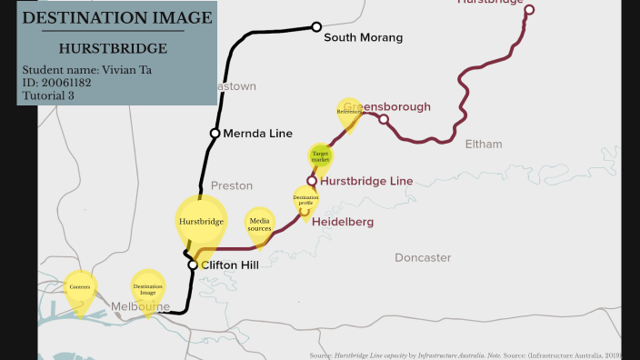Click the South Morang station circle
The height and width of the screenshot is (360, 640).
click(x=316, y=27)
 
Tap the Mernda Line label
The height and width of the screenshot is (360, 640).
click(x=257, y=134)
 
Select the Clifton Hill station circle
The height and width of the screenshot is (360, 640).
click(x=193, y=265)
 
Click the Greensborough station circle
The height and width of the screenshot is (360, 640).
click(x=384, y=119)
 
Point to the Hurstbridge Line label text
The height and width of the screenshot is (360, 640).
click(x=366, y=181)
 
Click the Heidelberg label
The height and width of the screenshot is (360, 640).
click(x=343, y=222)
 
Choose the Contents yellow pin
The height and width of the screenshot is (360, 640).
click(x=80, y=288)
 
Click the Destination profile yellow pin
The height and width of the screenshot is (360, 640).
click(x=305, y=199)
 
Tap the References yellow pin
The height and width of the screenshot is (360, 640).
click(x=349, y=112)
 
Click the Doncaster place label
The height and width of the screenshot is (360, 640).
click(x=423, y=258)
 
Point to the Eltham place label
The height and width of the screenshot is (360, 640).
click(x=483, y=145)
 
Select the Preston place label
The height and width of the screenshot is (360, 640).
click(x=232, y=185)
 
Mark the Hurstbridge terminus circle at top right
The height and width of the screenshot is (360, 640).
click(x=529, y=10)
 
